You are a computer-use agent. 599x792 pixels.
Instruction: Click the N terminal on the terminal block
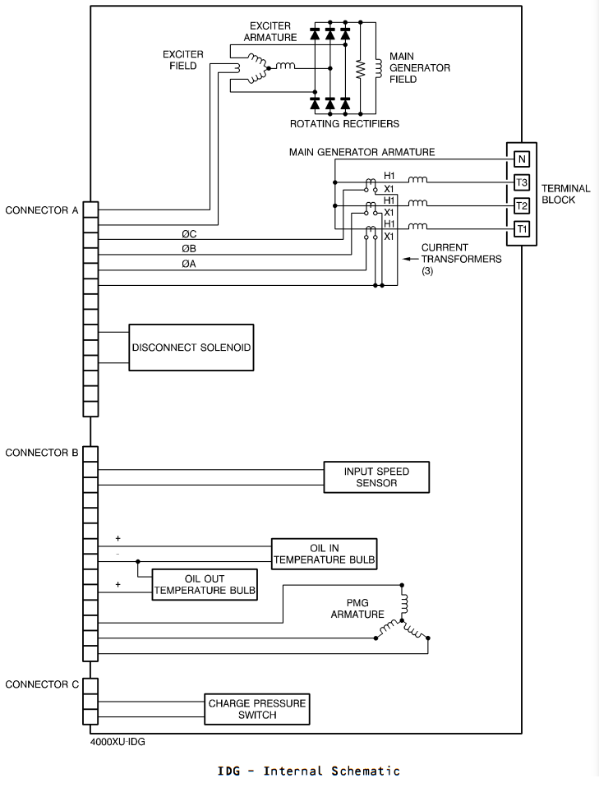tap(522, 159)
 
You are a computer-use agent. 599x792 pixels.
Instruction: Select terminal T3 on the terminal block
tap(522, 182)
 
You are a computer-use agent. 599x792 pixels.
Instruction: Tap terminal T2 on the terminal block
tap(522, 205)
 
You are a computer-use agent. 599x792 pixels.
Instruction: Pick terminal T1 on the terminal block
tap(522, 229)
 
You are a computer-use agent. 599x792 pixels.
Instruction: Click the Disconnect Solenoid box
tap(191, 348)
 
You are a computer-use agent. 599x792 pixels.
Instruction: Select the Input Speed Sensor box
tap(376, 477)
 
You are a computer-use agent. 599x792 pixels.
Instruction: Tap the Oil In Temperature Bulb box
tap(325, 554)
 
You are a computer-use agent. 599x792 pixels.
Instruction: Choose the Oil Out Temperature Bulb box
tap(205, 585)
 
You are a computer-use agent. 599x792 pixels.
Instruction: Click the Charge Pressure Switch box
tap(257, 709)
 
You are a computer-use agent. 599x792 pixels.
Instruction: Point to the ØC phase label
tap(190, 234)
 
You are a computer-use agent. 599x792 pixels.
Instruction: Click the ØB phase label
tap(190, 248)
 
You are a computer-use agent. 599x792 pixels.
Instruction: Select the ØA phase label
tap(190, 264)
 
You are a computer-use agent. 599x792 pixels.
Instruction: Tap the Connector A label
tap(42, 210)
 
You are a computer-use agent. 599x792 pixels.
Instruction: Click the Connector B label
tap(42, 453)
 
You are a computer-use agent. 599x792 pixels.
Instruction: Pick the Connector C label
tap(42, 684)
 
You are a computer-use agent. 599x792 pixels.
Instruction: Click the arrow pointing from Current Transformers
tap(410, 259)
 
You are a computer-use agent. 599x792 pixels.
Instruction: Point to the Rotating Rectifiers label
tap(344, 124)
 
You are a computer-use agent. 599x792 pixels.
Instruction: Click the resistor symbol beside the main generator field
tap(360, 69)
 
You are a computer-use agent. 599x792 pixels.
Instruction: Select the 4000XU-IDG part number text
tap(117, 742)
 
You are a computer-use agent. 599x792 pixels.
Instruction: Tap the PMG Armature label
tap(357, 609)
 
